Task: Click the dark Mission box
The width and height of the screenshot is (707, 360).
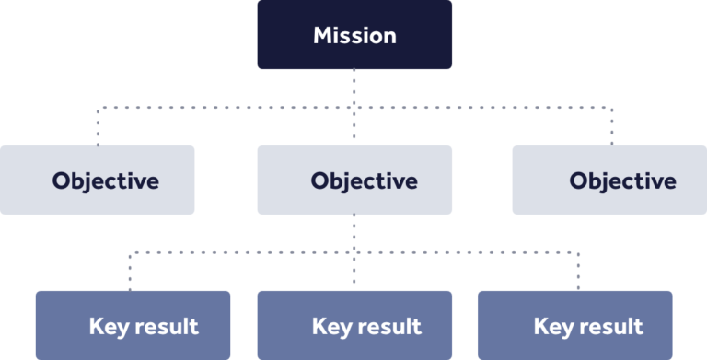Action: [354, 35]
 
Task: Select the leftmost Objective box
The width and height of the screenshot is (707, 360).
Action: [98, 180]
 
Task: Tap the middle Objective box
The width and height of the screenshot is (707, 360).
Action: [354, 180]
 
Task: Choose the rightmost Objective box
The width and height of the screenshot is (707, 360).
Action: [609, 180]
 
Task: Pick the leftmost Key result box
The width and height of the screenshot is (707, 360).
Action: [133, 325]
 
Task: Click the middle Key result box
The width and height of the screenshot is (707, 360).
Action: [354, 325]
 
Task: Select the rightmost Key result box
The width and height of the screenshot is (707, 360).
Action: [575, 325]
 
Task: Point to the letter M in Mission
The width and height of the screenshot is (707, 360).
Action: [323, 36]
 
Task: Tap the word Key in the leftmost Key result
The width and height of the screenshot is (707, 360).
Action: [105, 326]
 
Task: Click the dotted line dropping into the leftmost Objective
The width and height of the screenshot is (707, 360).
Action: [99, 126]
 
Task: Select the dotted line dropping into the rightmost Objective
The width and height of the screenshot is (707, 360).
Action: [610, 126]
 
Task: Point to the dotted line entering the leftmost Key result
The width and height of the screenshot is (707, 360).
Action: [131, 272]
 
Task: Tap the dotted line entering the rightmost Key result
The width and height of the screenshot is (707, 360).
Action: [578, 272]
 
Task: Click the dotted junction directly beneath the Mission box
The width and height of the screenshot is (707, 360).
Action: [354, 107]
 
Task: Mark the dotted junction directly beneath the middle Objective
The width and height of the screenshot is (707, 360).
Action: [354, 251]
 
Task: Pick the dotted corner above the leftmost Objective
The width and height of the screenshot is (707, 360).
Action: [99, 107]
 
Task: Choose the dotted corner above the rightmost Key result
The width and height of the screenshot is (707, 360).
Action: [578, 251]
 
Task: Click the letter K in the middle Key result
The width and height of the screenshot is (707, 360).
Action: [319, 326]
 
